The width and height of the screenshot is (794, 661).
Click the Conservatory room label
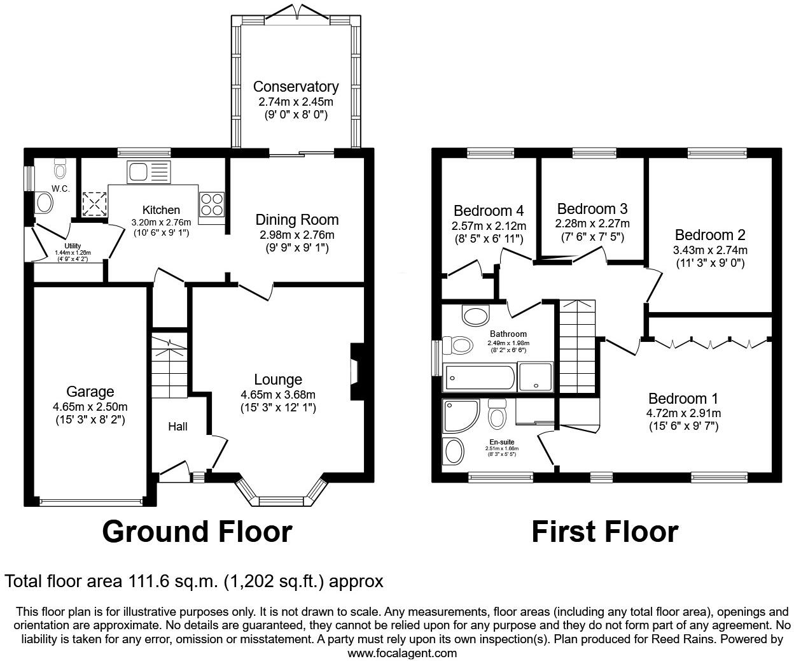pyautogui.click(x=295, y=87)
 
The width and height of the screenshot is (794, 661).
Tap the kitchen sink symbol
pyautogui.click(x=148, y=171)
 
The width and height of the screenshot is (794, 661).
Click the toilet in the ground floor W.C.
pyautogui.click(x=61, y=169)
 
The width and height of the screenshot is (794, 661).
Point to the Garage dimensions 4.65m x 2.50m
pyautogui.click(x=90, y=407)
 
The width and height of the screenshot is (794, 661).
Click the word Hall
pyautogui.click(x=178, y=427)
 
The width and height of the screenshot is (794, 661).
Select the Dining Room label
pyautogui.click(x=296, y=220)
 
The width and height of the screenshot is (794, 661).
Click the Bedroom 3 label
pyautogui.click(x=592, y=209)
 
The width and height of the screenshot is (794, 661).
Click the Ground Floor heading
pyautogui.click(x=197, y=532)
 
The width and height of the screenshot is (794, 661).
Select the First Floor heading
pyautogui.click(x=604, y=532)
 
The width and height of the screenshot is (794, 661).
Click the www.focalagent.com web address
pyautogui.click(x=402, y=653)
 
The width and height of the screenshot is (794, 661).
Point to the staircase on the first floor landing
pyautogui.click(x=577, y=347)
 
